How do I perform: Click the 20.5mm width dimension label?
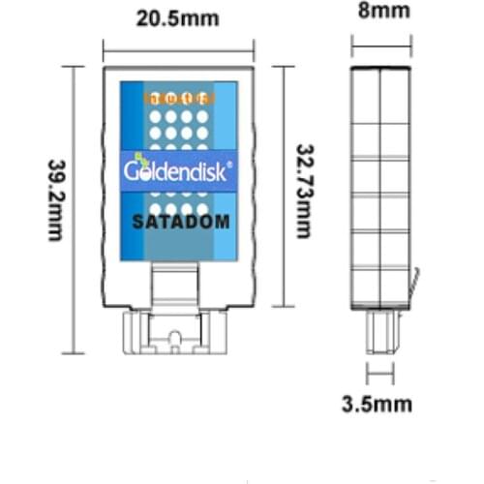pyautogui.click(x=179, y=18)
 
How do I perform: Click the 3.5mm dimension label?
pyautogui.click(x=378, y=404)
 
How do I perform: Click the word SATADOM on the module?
pyautogui.click(x=179, y=221)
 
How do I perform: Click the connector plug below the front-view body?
pyautogui.click(x=177, y=333)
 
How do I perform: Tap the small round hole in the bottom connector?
pyautogui.click(x=174, y=338)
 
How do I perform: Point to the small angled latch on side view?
pyautogui.click(x=414, y=285)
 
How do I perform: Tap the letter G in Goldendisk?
pyautogui.click(x=133, y=171)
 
